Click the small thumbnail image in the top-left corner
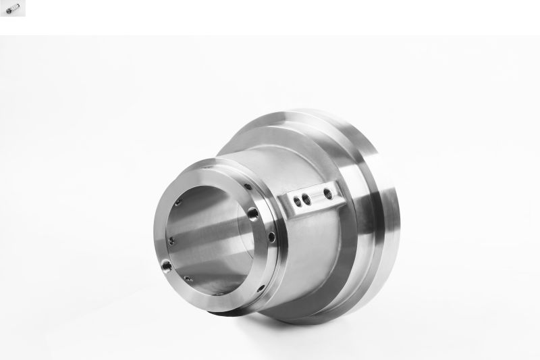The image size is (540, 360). click(x=12, y=8)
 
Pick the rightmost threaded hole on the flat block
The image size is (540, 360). click(x=327, y=193)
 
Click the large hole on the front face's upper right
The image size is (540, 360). click(x=253, y=214)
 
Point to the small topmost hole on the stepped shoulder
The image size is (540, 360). click(x=248, y=187)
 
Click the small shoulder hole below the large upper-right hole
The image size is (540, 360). click(x=271, y=236)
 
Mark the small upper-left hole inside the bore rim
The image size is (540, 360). click(x=178, y=201)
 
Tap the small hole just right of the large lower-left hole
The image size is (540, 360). click(x=188, y=278)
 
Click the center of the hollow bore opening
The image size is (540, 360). click(x=206, y=233)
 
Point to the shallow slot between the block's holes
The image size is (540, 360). click(x=317, y=196)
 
